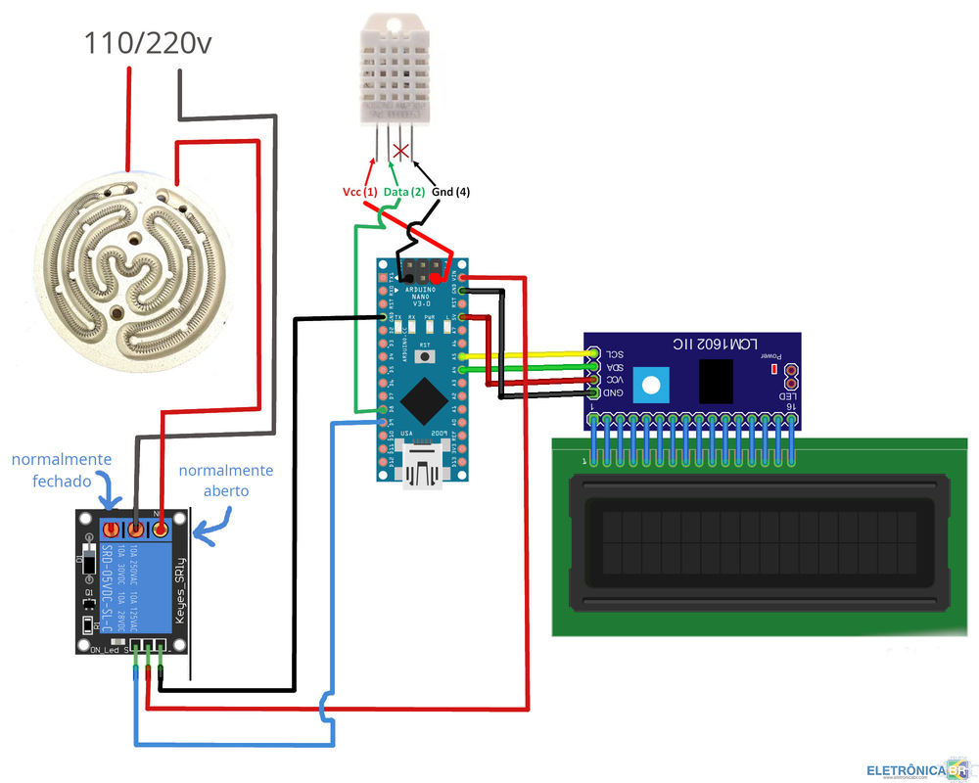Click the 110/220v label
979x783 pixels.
pyautogui.click(x=147, y=44)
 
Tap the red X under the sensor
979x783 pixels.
pyautogui.click(x=400, y=151)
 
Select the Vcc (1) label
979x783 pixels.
pyautogui.click(x=359, y=192)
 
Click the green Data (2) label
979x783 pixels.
pyautogui.click(x=403, y=192)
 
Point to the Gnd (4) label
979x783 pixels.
pyautogui.click(x=450, y=192)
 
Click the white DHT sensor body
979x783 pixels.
pyautogui.click(x=392, y=69)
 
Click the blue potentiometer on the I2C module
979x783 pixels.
pyautogui.click(x=648, y=383)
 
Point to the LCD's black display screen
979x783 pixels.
pyautogui.click(x=751, y=546)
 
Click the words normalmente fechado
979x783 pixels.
pyautogui.click(x=61, y=471)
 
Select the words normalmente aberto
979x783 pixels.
pyautogui.click(x=226, y=481)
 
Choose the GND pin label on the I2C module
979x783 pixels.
pyautogui.click(x=612, y=393)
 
